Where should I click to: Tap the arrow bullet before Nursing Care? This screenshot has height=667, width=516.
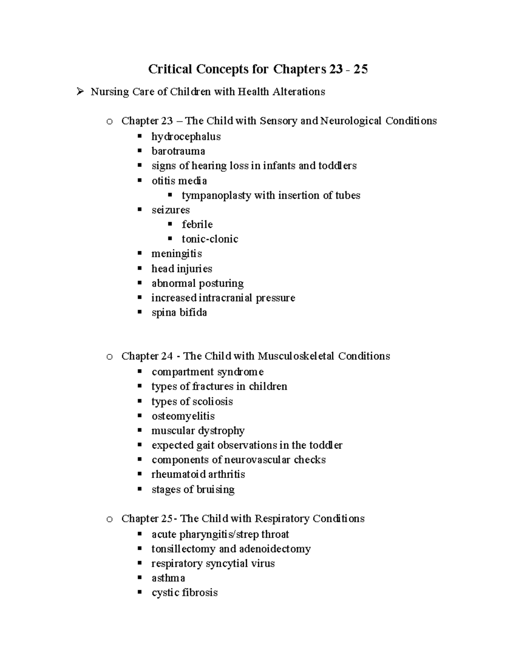coord(80,91)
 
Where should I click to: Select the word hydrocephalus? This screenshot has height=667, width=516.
coord(186,137)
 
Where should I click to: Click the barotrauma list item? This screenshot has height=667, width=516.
coord(178,151)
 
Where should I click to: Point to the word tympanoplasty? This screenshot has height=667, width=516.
coord(216,195)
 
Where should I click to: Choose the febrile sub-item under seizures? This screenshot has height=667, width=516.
coord(197,225)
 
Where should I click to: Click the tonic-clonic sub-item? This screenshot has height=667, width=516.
coord(210,239)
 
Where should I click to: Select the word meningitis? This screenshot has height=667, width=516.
coord(176,254)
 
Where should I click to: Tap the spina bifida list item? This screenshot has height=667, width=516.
coord(179,312)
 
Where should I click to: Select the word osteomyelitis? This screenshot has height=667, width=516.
coord(183,416)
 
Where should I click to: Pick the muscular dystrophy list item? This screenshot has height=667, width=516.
coord(198,431)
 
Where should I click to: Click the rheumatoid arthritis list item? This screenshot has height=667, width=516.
coord(198,475)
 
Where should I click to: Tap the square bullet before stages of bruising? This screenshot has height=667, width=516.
coord(139,489)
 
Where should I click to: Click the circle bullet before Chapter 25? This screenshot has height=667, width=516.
coord(110,519)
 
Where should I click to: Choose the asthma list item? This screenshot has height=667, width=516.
coord(168,578)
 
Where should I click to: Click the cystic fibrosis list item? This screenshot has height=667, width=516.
coord(184,593)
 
